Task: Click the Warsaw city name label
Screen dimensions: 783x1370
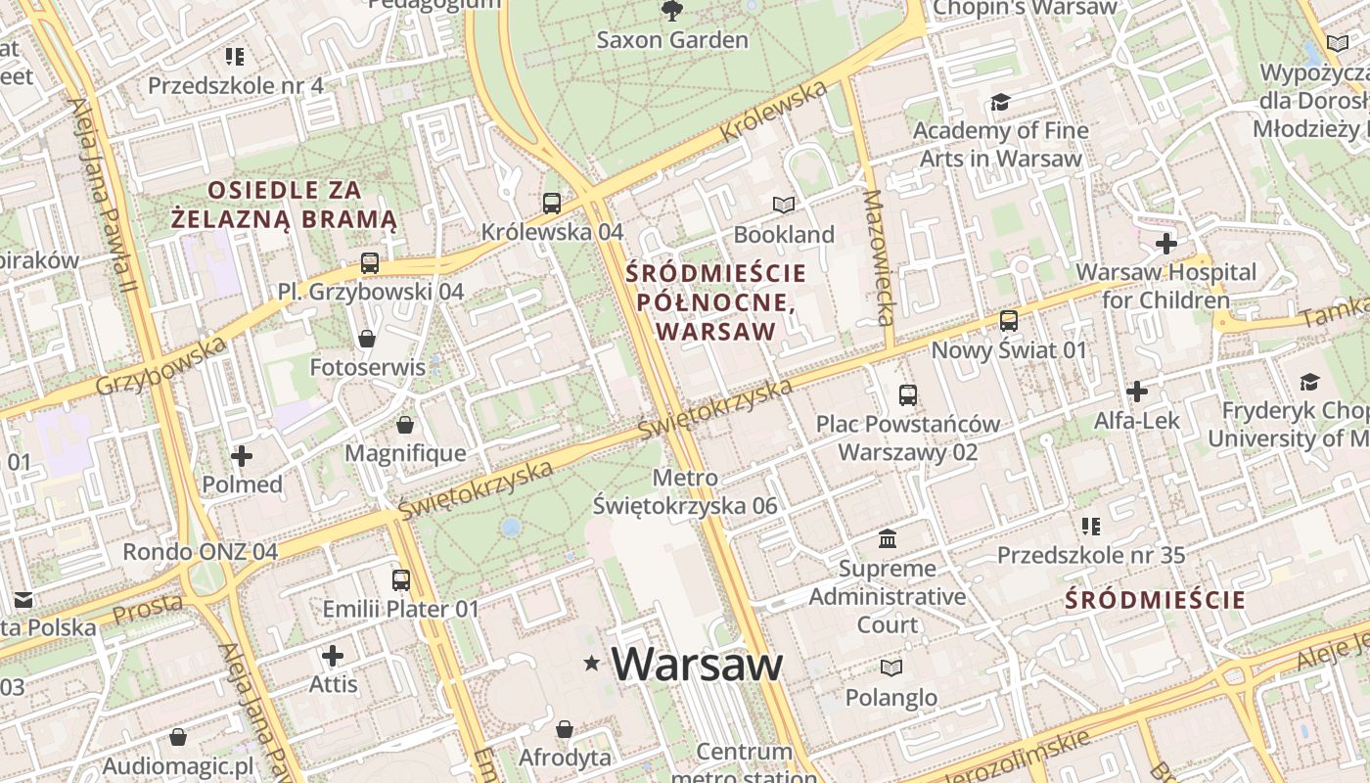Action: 697,665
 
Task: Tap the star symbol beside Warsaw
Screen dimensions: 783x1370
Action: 591,664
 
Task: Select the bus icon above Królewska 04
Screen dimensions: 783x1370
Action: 552,204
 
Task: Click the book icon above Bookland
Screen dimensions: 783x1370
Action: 783,205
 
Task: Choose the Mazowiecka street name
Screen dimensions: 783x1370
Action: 879,257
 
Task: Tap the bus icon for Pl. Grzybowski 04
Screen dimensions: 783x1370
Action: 369,263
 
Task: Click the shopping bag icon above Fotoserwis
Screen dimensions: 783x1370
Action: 367,339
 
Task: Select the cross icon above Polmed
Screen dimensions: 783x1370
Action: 242,456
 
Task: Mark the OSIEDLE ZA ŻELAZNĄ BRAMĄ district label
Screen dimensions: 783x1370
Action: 284,205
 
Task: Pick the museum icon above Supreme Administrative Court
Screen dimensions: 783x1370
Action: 888,538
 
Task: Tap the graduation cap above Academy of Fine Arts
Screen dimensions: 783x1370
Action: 999,102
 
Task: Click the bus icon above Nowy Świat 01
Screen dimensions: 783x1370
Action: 1008,321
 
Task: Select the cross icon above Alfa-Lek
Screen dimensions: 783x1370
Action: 1136,392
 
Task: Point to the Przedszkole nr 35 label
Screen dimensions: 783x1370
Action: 1090,556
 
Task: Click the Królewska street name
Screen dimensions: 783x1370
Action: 773,112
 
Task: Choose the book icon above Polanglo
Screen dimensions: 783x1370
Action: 890,668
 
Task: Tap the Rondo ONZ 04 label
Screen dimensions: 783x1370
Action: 200,551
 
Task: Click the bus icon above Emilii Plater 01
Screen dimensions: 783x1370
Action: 401,579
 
